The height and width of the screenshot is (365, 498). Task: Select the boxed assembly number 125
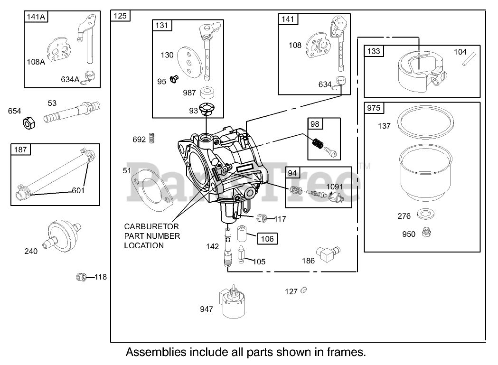coord(121,16)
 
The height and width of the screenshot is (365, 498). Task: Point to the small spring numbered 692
coord(152,138)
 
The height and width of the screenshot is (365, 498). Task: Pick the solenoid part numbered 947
coord(232,304)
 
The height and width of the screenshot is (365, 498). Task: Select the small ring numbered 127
coord(304,290)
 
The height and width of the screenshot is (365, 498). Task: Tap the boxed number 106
coord(268,239)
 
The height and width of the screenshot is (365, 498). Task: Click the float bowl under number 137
coord(421,173)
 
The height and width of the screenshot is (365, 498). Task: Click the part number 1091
coord(334,187)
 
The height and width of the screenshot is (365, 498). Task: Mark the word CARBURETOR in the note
coord(152,226)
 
